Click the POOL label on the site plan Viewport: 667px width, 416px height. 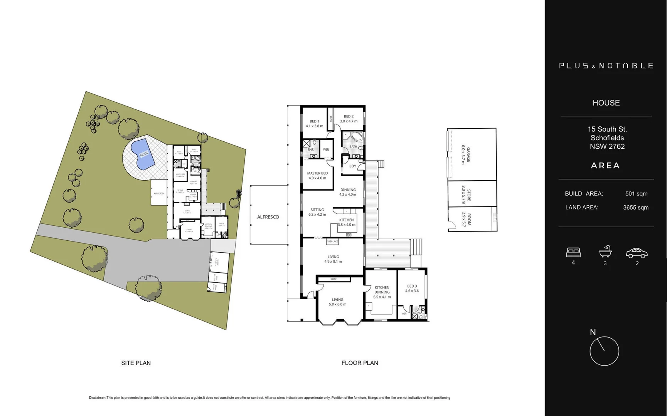click(x=144, y=154)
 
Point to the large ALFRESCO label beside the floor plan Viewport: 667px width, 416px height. click(x=268, y=217)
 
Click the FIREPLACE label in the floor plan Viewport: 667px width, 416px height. click(x=332, y=242)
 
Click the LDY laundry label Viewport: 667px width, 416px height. click(x=352, y=166)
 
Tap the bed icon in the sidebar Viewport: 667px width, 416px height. click(x=573, y=253)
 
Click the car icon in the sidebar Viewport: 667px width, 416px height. click(x=637, y=253)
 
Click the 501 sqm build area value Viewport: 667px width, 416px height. click(x=636, y=194)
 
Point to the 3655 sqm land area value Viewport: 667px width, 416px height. click(x=635, y=208)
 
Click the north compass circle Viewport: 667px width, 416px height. click(x=604, y=351)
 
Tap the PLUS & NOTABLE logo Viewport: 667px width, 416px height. click(x=606, y=66)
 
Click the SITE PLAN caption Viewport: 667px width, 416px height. click(x=136, y=363)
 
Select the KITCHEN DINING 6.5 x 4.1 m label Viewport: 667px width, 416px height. click(x=382, y=292)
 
